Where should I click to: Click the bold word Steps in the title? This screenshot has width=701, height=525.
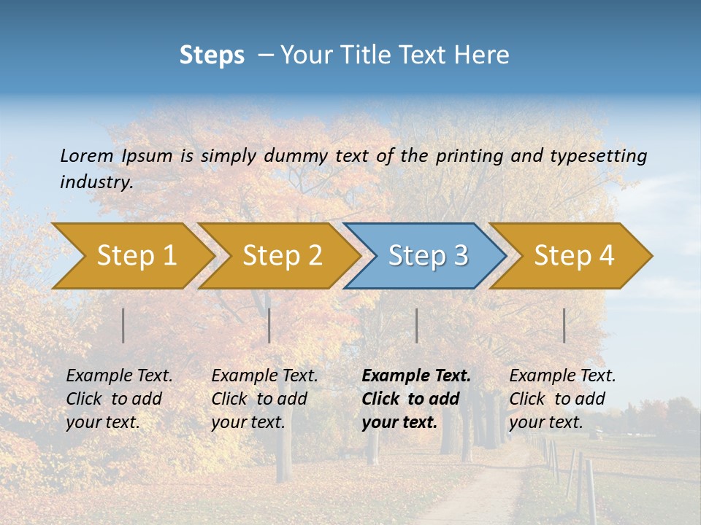[x=212, y=55]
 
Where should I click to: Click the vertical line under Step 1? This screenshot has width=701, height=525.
[x=123, y=325]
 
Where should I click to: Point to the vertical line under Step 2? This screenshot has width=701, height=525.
[x=269, y=325]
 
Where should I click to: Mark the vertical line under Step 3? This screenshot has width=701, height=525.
[x=417, y=325]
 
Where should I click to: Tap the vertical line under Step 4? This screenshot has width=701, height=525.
[x=564, y=325]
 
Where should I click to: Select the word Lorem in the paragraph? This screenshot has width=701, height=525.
[x=87, y=155]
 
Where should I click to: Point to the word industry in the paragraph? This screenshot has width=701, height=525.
[x=96, y=182]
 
